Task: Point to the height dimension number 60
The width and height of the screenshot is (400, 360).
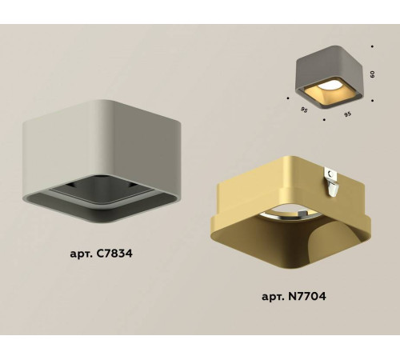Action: tap(373, 74)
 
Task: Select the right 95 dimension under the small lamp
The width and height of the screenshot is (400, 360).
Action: tap(346, 114)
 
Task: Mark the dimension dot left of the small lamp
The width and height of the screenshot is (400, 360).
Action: tap(287, 98)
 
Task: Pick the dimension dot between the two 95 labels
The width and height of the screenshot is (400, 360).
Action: tap(323, 122)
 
